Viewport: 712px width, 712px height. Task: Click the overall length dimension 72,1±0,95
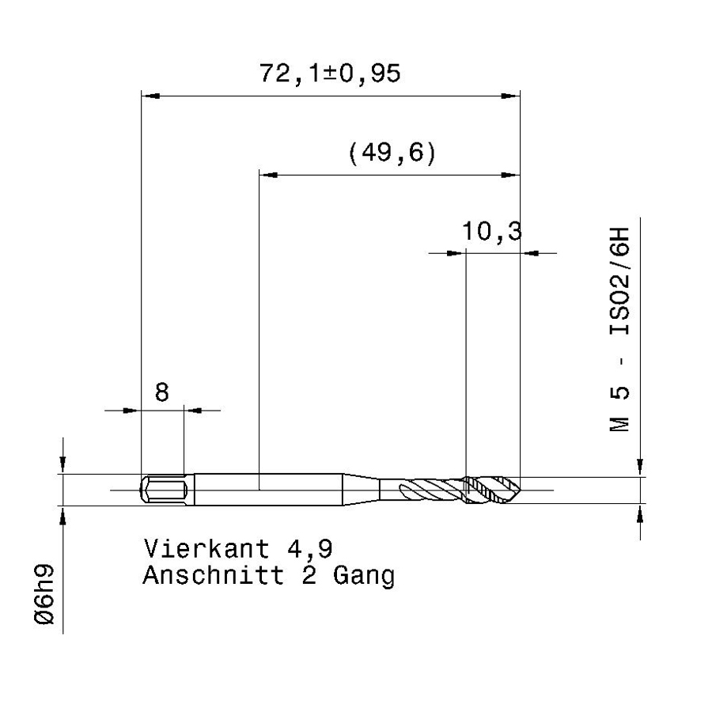(x=330, y=74)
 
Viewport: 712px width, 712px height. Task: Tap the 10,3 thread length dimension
(x=492, y=231)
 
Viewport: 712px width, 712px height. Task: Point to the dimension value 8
(x=162, y=392)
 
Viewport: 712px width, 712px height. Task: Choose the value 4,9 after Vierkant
(x=310, y=550)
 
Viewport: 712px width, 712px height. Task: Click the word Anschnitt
(x=214, y=575)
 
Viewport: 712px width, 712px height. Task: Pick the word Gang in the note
(x=364, y=577)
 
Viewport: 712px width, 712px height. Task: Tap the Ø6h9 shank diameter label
(x=44, y=594)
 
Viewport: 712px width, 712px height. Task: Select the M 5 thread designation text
(x=619, y=409)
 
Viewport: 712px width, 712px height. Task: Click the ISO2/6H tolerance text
(x=619, y=281)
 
